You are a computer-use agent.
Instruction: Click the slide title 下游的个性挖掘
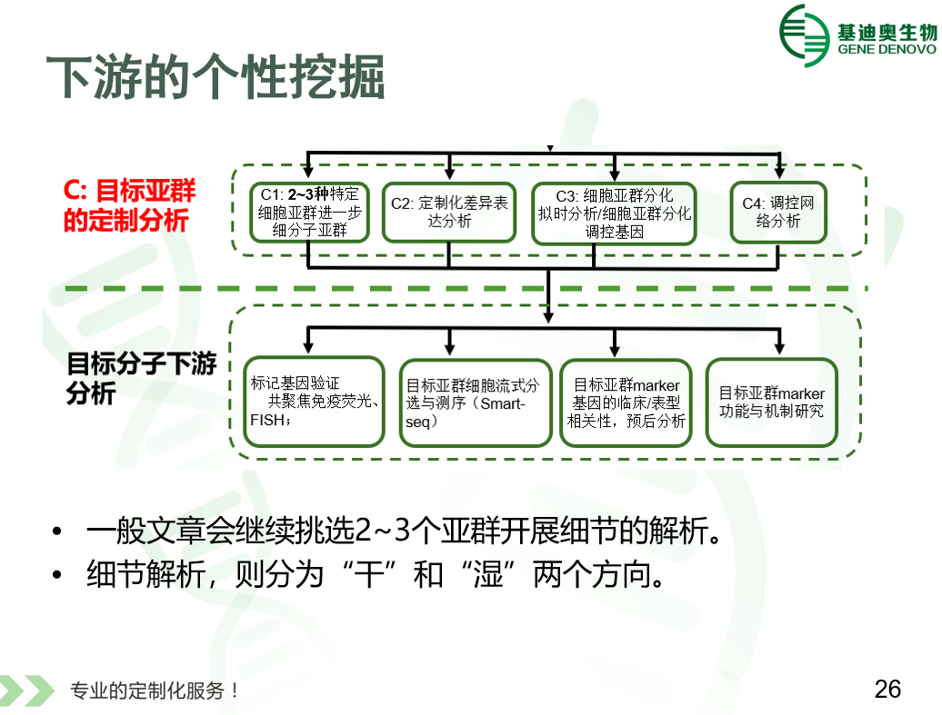coord(215,76)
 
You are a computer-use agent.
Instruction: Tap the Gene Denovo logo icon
coord(805,35)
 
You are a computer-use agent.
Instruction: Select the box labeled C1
coord(309,212)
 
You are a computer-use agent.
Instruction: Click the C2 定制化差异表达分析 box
coord(449,212)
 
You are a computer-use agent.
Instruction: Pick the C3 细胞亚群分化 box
coord(614,214)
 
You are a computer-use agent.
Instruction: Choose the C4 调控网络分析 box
coord(778,212)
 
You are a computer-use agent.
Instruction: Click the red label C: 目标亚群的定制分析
coord(129,205)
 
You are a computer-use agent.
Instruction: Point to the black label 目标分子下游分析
coord(141,378)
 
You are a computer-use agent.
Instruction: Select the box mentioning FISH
coord(314,402)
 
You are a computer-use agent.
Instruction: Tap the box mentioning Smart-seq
coord(476,402)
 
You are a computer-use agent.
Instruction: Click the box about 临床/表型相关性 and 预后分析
coord(626,402)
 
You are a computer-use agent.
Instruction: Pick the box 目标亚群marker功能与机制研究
coord(771,402)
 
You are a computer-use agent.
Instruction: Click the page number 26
coord(887,689)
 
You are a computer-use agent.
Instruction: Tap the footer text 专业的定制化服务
coord(154,690)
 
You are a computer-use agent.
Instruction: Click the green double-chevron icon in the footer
coord(27,690)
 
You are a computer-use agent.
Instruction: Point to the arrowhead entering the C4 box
coord(779,173)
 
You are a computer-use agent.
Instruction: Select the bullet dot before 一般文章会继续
coord(57,531)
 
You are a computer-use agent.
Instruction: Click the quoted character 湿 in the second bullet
coord(487,574)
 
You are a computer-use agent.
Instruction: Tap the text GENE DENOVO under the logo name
coord(887,49)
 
